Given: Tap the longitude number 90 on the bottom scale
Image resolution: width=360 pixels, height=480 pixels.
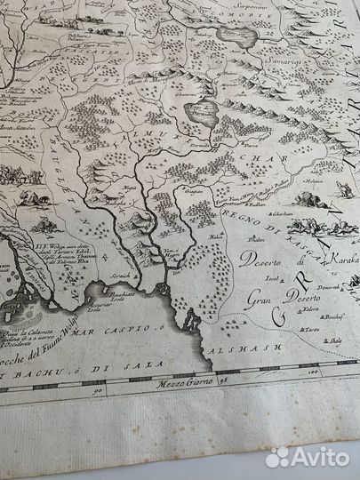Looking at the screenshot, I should pyautogui.click(x=97, y=389).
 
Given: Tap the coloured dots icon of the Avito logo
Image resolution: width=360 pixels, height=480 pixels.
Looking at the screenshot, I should pyautogui.click(x=279, y=456).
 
